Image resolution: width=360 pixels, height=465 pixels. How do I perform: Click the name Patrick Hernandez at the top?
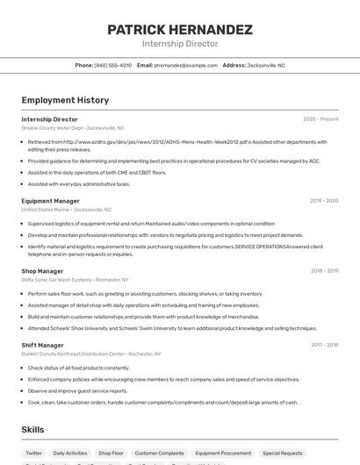180,29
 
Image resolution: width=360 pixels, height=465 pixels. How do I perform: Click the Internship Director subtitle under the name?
180,44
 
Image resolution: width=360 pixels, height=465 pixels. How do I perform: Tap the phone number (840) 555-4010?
113,65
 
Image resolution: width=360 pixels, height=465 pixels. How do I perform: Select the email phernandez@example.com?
185,65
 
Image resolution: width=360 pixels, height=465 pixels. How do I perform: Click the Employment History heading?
65,100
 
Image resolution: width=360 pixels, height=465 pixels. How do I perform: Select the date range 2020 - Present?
320,119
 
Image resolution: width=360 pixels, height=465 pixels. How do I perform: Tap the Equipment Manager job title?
50,201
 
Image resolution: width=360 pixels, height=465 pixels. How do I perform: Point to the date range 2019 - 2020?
324,201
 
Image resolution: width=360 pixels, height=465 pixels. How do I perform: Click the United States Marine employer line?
67,210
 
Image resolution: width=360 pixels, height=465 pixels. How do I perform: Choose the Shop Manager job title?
42,271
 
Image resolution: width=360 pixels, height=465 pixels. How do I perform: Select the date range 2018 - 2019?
324,271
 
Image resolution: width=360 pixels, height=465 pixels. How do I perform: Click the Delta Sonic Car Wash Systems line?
75,280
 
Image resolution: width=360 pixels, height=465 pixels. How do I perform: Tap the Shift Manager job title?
42,345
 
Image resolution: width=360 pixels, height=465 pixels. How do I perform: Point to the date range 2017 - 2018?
324,345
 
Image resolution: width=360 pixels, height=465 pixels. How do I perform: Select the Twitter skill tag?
34,454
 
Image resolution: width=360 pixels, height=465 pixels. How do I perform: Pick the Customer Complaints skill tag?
159,454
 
